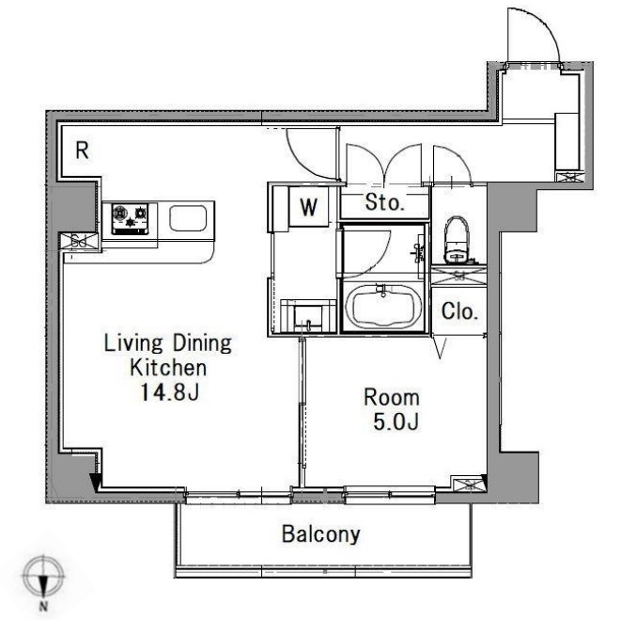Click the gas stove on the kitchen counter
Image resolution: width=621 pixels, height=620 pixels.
130,218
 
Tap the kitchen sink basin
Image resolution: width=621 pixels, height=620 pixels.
188,218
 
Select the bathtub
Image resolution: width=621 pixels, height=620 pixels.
382,306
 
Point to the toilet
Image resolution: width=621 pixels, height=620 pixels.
458,241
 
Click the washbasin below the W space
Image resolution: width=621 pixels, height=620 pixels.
308,316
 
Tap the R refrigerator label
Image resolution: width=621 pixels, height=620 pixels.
82,151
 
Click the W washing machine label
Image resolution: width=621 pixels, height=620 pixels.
308,207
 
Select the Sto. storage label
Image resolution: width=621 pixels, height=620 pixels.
384,202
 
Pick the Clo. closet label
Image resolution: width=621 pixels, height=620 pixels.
459,311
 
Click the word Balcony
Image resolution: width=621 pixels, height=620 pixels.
320,534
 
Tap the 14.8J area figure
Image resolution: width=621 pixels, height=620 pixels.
169,392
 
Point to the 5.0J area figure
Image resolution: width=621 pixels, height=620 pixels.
396,422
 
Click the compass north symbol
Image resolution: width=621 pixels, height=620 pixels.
43,577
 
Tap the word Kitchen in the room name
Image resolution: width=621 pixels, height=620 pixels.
168,368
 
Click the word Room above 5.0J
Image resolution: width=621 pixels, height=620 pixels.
392,397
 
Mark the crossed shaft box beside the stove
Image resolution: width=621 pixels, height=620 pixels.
79,241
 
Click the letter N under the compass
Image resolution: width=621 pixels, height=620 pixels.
43,607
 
